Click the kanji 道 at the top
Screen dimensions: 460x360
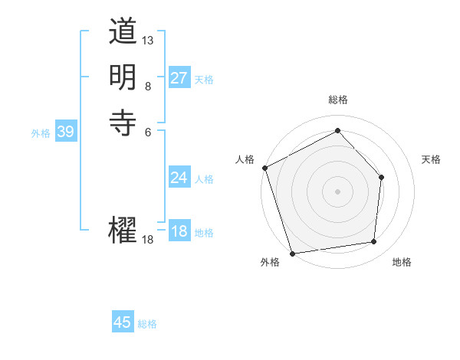[x=123, y=33]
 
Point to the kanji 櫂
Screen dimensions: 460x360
[x=123, y=230]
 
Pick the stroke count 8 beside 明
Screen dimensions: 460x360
[x=148, y=86]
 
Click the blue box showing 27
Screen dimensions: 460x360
[x=179, y=78]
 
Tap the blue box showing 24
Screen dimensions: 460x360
[x=179, y=178]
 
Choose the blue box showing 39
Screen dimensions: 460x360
[x=66, y=132]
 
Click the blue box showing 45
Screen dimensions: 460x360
[x=123, y=322]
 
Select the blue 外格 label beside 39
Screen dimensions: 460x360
[x=41, y=133]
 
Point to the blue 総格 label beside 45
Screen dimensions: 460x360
[x=147, y=324]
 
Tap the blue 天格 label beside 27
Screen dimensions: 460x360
[x=204, y=80]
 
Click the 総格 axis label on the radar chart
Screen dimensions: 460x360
[x=338, y=100]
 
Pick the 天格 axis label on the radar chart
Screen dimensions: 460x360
[x=432, y=159]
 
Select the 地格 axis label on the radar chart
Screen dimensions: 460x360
[x=402, y=262]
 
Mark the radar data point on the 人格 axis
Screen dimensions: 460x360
[x=264, y=167]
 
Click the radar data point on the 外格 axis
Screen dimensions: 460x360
[x=293, y=253]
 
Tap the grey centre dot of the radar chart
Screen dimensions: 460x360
[x=338, y=191]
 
